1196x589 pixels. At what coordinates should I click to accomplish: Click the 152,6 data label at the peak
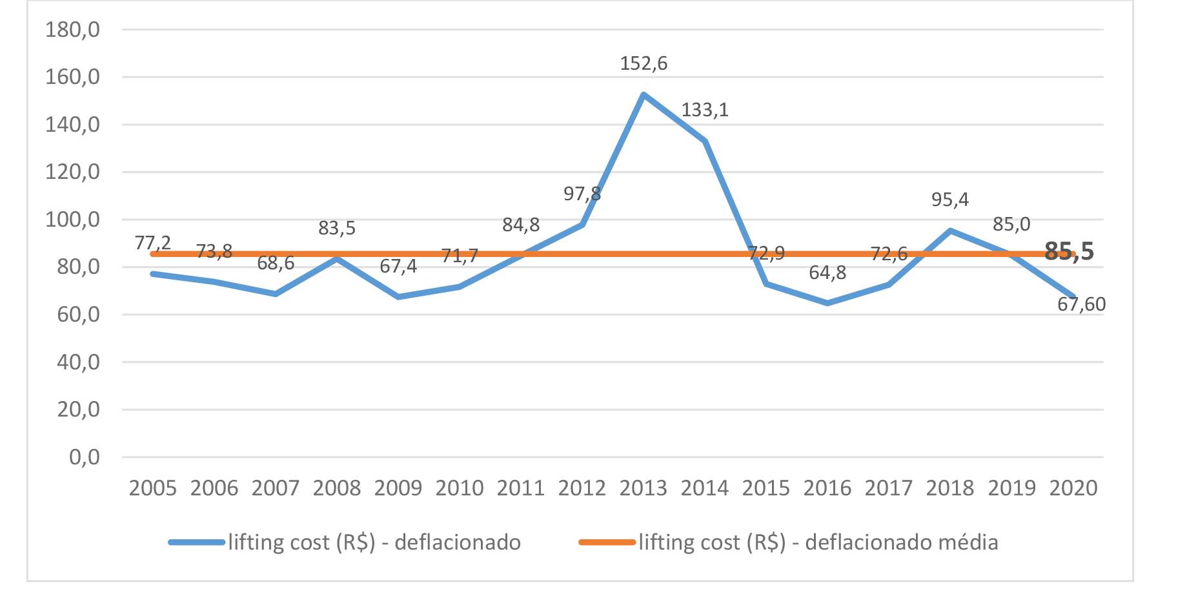click(x=644, y=63)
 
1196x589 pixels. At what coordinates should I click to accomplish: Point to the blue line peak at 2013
click(x=644, y=95)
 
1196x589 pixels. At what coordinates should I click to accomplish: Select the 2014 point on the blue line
click(x=705, y=141)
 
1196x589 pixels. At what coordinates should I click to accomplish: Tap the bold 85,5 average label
click(x=1069, y=251)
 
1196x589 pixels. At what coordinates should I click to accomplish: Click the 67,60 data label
click(x=1081, y=304)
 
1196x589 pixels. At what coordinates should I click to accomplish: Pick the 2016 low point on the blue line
click(x=827, y=303)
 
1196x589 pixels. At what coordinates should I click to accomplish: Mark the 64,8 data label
click(x=827, y=273)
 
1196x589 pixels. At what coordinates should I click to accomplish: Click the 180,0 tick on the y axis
click(x=72, y=30)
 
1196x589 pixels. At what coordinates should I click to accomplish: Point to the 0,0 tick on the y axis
click(x=85, y=457)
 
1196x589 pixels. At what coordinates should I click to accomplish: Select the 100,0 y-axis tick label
click(x=72, y=220)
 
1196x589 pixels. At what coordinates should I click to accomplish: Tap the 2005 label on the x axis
click(x=153, y=488)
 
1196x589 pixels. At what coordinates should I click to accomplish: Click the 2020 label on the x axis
click(x=1073, y=488)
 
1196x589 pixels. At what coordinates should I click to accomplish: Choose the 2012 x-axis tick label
click(x=582, y=488)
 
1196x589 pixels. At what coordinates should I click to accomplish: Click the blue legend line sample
click(x=197, y=542)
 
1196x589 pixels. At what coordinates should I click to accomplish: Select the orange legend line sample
click(x=607, y=542)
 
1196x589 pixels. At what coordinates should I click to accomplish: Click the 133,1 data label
click(x=705, y=110)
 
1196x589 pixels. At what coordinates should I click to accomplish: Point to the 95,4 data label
click(x=950, y=200)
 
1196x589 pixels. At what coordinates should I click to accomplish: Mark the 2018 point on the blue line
click(x=950, y=231)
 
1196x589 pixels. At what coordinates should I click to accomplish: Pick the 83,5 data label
click(x=337, y=228)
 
